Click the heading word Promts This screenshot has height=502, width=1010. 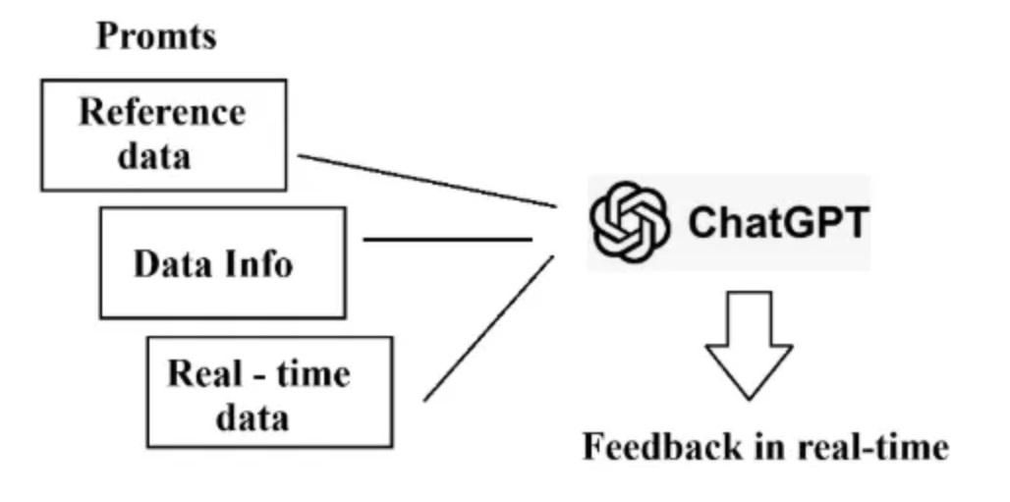tap(155, 36)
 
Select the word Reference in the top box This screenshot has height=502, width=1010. tap(162, 112)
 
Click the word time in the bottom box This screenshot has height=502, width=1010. tap(309, 374)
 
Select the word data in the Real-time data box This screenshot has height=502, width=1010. tap(252, 418)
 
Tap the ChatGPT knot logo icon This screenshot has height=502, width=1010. tap(629, 222)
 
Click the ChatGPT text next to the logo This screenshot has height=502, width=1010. tap(778, 223)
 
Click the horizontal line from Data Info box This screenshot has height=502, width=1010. tap(447, 239)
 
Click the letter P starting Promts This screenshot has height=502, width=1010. tap(106, 36)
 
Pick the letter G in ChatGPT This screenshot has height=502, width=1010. tap(799, 223)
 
